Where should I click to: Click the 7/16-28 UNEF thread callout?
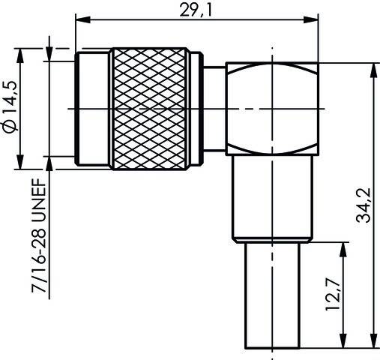click(36, 239)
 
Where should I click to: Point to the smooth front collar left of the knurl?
click(93, 108)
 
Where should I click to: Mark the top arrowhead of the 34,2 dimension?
click(373, 70)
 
